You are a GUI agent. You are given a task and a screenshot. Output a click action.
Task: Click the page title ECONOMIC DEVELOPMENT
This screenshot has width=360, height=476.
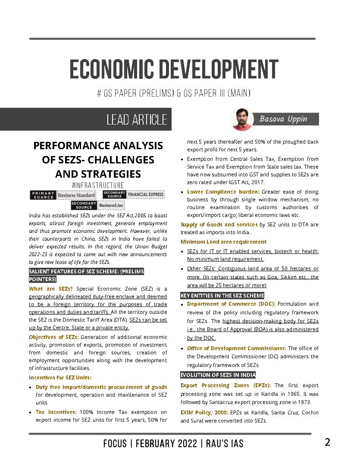[174, 69]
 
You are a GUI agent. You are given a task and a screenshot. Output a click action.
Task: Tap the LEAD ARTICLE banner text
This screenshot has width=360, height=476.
[136, 119]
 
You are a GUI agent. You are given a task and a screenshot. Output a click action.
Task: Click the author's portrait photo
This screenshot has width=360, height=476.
[242, 119]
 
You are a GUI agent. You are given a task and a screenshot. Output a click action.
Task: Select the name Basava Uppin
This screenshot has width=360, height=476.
[283, 119]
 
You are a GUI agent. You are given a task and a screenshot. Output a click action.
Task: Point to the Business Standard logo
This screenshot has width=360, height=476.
[76, 195]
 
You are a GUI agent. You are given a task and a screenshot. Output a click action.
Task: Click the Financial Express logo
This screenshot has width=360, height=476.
[146, 195]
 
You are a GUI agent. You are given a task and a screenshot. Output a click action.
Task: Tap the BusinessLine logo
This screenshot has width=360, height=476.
[111, 205]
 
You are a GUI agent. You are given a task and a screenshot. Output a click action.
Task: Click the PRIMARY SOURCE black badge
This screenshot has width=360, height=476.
[43, 195]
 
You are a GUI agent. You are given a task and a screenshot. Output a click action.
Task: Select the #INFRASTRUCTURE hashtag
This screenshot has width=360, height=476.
[98, 185]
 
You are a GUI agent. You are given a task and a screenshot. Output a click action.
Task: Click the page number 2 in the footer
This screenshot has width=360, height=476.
[327, 442]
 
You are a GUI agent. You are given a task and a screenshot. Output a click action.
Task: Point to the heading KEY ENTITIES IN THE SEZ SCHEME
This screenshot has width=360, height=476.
[222, 295]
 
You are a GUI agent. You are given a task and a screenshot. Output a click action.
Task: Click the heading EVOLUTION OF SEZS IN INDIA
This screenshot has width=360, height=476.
[218, 375]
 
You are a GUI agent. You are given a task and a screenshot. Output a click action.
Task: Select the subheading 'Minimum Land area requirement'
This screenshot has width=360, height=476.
[223, 242]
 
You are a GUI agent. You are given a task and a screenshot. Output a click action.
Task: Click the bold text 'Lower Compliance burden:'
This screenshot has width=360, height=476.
[223, 191]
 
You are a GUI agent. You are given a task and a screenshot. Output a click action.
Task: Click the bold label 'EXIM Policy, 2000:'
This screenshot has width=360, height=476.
[204, 413]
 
